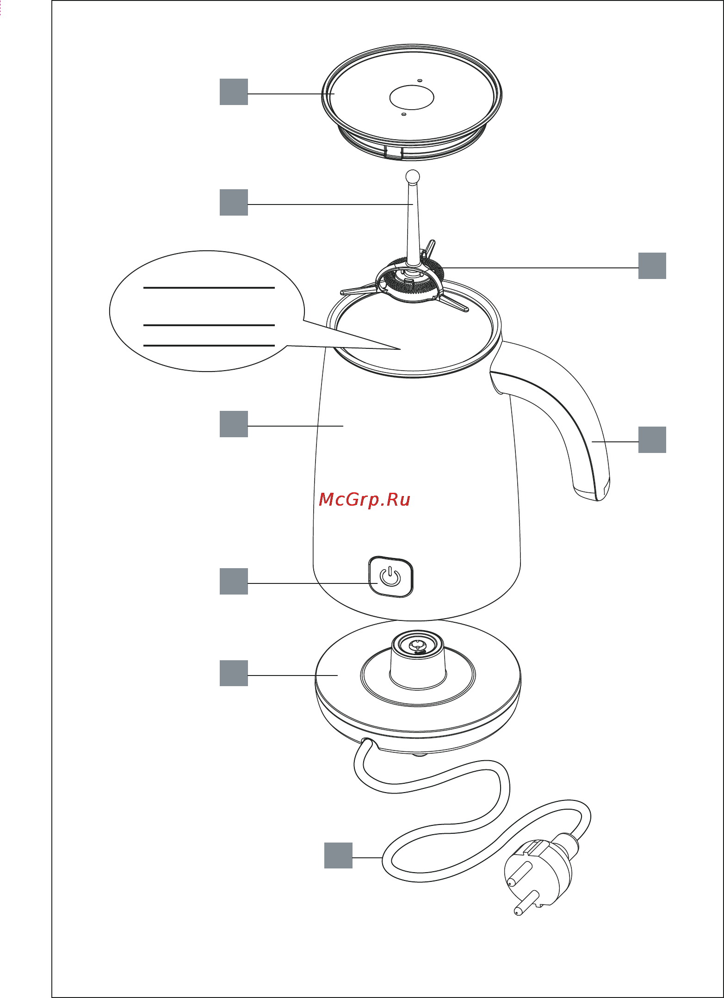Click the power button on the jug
pos(390,577)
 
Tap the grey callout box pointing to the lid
pos(234,92)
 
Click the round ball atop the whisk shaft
pos(412,176)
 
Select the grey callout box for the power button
pos(234,581)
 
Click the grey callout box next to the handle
pos(652,440)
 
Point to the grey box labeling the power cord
pos(338,855)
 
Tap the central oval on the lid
pos(412,97)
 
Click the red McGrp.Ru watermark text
pos(365,500)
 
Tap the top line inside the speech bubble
pos(209,288)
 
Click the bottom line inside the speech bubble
pos(209,345)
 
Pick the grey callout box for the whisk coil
pos(652,266)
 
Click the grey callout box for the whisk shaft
pos(234,202)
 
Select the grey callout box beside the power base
pos(234,673)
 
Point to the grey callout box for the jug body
pos(234,424)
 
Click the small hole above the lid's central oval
pos(420,81)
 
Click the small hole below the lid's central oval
pos(403,114)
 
